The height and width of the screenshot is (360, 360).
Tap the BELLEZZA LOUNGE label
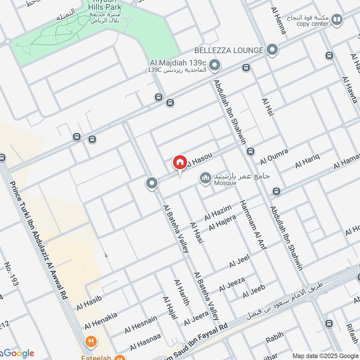coord(228,50)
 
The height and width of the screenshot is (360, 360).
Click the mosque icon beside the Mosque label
coord(206,179)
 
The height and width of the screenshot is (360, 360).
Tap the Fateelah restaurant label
coord(97,353)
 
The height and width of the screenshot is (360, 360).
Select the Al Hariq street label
coord(307,161)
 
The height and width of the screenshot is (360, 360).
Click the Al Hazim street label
coord(218,212)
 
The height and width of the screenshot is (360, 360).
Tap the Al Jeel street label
coord(239,261)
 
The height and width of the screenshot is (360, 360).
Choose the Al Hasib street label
coord(89,302)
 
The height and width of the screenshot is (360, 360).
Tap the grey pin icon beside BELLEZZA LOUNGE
coord(272,50)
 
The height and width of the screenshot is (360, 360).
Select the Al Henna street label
coord(278,21)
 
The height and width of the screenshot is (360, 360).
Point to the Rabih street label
coord(274,335)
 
